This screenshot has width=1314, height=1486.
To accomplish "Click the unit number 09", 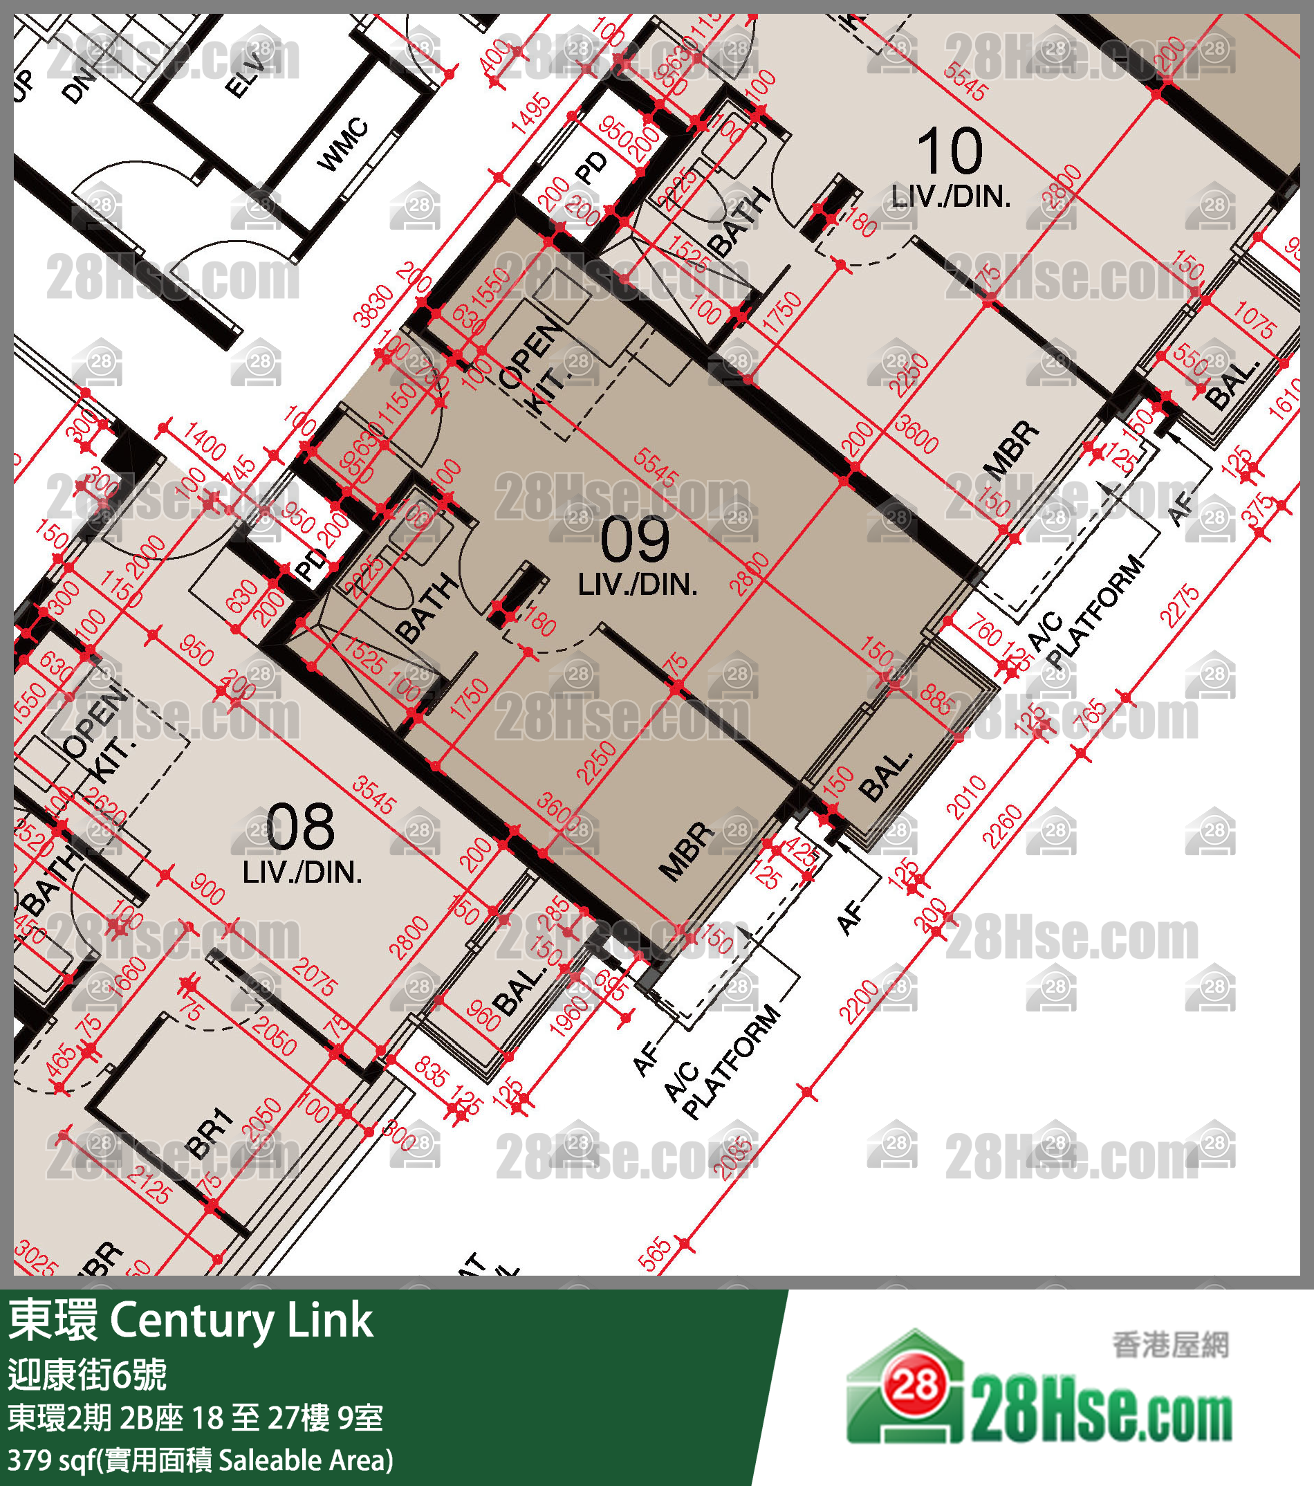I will coord(634,540).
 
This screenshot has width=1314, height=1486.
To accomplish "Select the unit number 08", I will coord(300,827).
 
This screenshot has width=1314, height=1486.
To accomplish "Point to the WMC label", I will coord(342,145).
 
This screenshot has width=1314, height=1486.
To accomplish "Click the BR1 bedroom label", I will coord(210,1133).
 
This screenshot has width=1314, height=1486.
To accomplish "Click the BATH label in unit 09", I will coord(427,608).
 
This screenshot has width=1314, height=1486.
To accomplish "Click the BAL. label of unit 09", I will coord(885,776).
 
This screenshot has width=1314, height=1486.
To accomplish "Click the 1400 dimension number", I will coord(204,441).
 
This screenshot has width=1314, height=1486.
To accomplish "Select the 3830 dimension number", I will coord(373,305).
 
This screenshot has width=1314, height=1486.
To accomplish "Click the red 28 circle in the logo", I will coord(914,1386).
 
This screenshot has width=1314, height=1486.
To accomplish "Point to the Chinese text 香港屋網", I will coord(1169,1345).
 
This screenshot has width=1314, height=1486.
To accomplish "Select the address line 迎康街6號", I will coord(87,1374).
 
